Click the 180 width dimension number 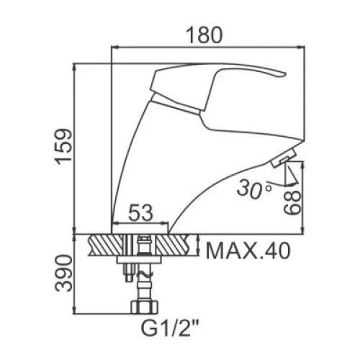point(204,35)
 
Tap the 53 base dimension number point(141,213)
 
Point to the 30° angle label point(254,189)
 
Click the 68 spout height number point(292,202)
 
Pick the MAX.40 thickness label point(248,251)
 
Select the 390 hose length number point(64,274)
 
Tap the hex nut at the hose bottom point(145,307)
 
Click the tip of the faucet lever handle point(285,74)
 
